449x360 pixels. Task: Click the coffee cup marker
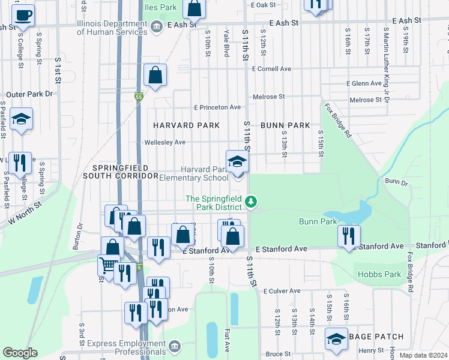click(23, 15)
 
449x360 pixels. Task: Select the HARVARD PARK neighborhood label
click(186, 125)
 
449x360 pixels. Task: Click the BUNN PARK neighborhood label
click(285, 125)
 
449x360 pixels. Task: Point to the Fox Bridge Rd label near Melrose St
click(338, 120)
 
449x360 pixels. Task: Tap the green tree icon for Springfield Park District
click(252, 203)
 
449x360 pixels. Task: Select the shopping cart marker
click(108, 265)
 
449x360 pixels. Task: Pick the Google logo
click(20, 353)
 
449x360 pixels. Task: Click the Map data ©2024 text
click(423, 355)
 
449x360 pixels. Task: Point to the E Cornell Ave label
click(271, 69)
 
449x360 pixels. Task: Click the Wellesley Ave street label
click(165, 142)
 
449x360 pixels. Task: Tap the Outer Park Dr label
click(29, 94)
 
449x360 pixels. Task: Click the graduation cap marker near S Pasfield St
click(21, 119)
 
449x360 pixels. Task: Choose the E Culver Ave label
click(281, 290)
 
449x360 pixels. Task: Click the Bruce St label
click(278, 354)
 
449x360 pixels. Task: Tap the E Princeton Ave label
click(217, 107)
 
